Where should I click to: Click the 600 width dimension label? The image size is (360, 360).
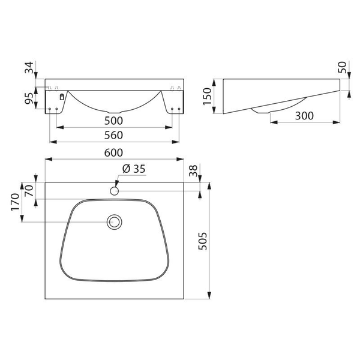pos(113,152)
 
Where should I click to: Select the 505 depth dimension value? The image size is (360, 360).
pos(203,241)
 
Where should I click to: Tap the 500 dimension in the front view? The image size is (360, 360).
pos(113,121)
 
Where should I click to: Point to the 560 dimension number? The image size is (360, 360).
pos(113,135)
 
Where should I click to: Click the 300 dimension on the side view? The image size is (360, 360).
pos(304,116)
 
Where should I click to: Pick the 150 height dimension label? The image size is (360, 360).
pos(207,96)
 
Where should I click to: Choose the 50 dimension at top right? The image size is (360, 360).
pos(342,67)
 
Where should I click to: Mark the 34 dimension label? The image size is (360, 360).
pos(29,67)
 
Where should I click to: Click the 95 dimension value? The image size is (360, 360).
pos(29,98)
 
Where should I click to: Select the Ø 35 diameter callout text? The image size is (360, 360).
pos(134,169)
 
